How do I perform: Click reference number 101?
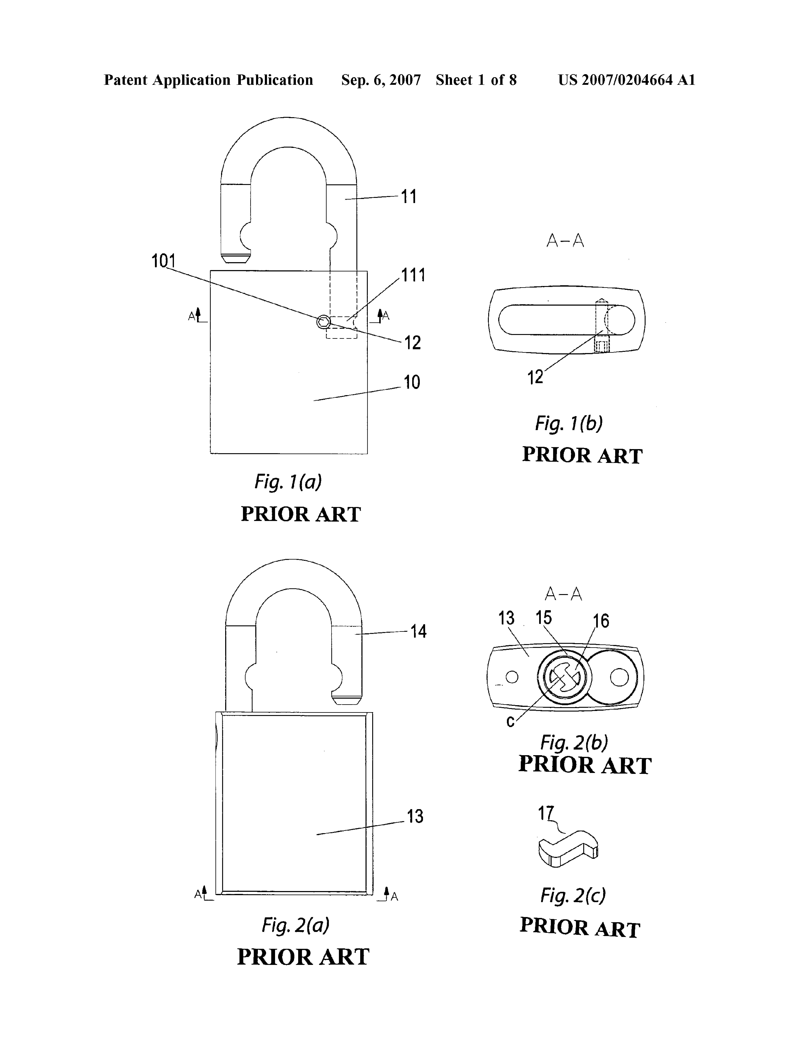pos(163,261)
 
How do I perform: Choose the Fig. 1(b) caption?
pos(569,423)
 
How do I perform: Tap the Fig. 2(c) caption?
pos(573,895)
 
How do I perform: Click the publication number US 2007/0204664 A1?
pos(626,80)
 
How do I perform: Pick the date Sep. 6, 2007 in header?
pos(381,80)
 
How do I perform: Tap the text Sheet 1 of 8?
pos(476,80)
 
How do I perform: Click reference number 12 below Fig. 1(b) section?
pos(535,378)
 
